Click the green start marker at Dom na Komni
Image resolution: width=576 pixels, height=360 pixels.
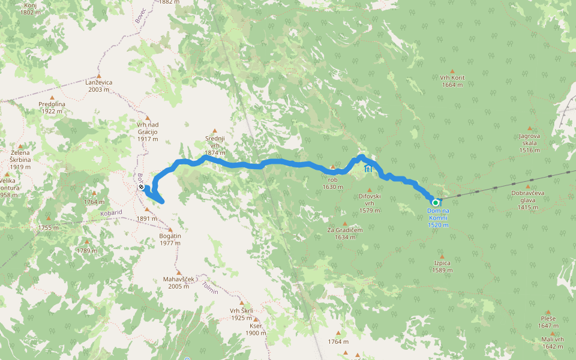tap(436, 203)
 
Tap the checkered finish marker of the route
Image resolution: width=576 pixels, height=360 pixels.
tap(140, 188)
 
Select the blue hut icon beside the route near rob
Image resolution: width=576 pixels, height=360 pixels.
tap(368, 170)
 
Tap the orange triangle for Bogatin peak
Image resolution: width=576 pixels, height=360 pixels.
tap(170, 229)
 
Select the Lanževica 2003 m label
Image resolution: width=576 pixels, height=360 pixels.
tap(99, 86)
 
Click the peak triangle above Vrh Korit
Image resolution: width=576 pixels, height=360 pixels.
tap(452, 71)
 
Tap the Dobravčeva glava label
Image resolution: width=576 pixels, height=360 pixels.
tap(528, 200)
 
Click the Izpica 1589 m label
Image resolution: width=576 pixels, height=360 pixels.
tap(441, 266)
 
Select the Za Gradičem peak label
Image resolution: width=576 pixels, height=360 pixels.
tap(341, 233)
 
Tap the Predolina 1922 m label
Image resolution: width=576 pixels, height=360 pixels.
tap(52, 107)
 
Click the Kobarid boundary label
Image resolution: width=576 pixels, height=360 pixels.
tap(111, 212)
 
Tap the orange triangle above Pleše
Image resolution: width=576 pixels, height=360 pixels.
tap(547, 312)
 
